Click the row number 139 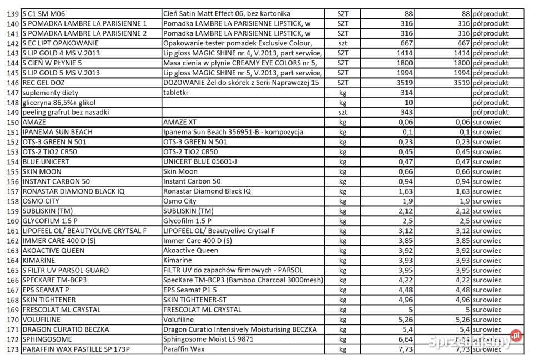click(12, 13)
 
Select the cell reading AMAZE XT click(181, 122)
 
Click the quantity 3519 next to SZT click(402, 83)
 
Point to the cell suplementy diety click(51, 93)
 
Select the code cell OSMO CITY click(41, 201)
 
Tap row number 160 click(12, 221)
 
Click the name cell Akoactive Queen click(190, 251)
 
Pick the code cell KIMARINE click(39, 260)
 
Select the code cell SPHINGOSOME click(47, 339)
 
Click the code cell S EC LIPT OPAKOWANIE click(61, 43)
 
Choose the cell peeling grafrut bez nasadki click(66, 112)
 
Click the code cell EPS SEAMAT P click(46, 290)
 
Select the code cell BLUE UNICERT click(46, 161)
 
